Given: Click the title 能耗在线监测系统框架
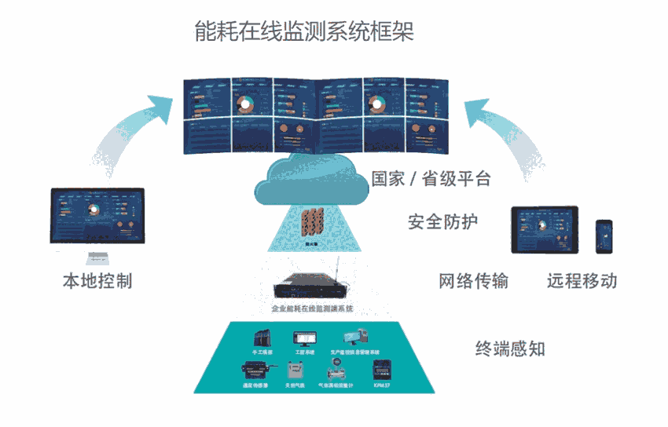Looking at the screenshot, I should tap(304, 31).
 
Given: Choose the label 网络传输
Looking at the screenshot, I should tap(473, 281).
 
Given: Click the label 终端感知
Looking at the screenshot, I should tap(510, 349).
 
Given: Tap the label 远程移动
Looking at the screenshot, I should tap(582, 281).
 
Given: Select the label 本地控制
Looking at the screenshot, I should tap(97, 281).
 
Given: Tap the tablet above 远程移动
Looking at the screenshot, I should tap(545, 229).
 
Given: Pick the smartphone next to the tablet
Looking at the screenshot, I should tap(604, 236).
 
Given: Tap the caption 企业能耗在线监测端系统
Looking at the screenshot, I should tap(312, 309).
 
